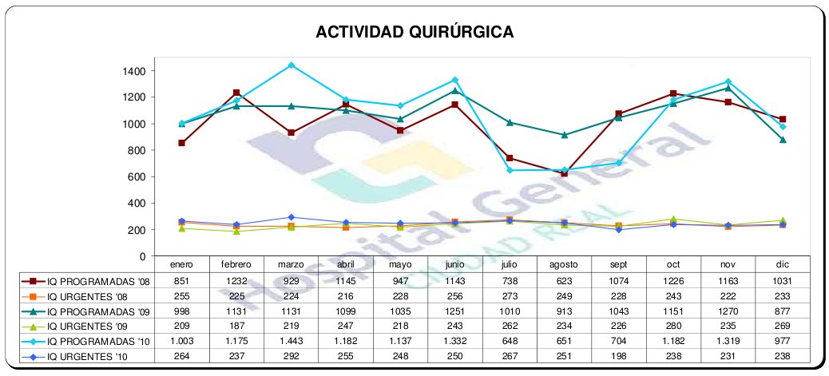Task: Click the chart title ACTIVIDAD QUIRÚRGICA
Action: (x=414, y=32)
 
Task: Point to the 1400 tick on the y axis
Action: (x=133, y=71)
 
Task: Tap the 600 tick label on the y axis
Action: (x=137, y=176)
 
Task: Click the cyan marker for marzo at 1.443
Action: (x=292, y=65)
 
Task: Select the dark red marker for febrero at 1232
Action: (x=236, y=93)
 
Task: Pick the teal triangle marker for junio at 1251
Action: (x=454, y=91)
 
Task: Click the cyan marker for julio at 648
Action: (x=510, y=170)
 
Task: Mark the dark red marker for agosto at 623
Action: (x=564, y=173)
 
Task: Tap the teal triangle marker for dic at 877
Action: (x=783, y=140)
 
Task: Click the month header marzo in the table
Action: (x=291, y=263)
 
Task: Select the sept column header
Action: (x=618, y=263)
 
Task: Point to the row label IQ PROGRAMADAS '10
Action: (x=91, y=341)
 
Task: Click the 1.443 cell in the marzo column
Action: (x=291, y=341)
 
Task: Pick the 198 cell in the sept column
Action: (x=618, y=356)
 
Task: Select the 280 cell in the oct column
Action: (x=672, y=326)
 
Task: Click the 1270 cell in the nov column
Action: (x=728, y=311)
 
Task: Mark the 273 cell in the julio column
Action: (x=509, y=295)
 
